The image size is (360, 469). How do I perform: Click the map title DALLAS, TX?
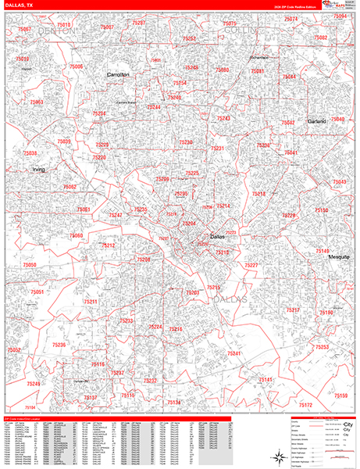[21, 5]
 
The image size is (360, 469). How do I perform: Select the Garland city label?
[315, 122]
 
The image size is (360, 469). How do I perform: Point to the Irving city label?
[39, 169]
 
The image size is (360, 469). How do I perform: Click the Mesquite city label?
[339, 257]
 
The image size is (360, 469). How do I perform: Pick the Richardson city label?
[259, 57]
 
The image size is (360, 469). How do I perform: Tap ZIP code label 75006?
[77, 67]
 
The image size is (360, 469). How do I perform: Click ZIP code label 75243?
[224, 117]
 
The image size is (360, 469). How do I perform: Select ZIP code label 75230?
[186, 142]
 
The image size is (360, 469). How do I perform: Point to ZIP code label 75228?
[289, 215]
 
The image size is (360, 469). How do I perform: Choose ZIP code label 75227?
[251, 266]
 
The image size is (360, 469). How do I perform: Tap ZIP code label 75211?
[90, 302]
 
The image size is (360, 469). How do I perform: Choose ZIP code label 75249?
[34, 384]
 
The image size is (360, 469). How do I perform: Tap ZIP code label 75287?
[139, 23]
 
